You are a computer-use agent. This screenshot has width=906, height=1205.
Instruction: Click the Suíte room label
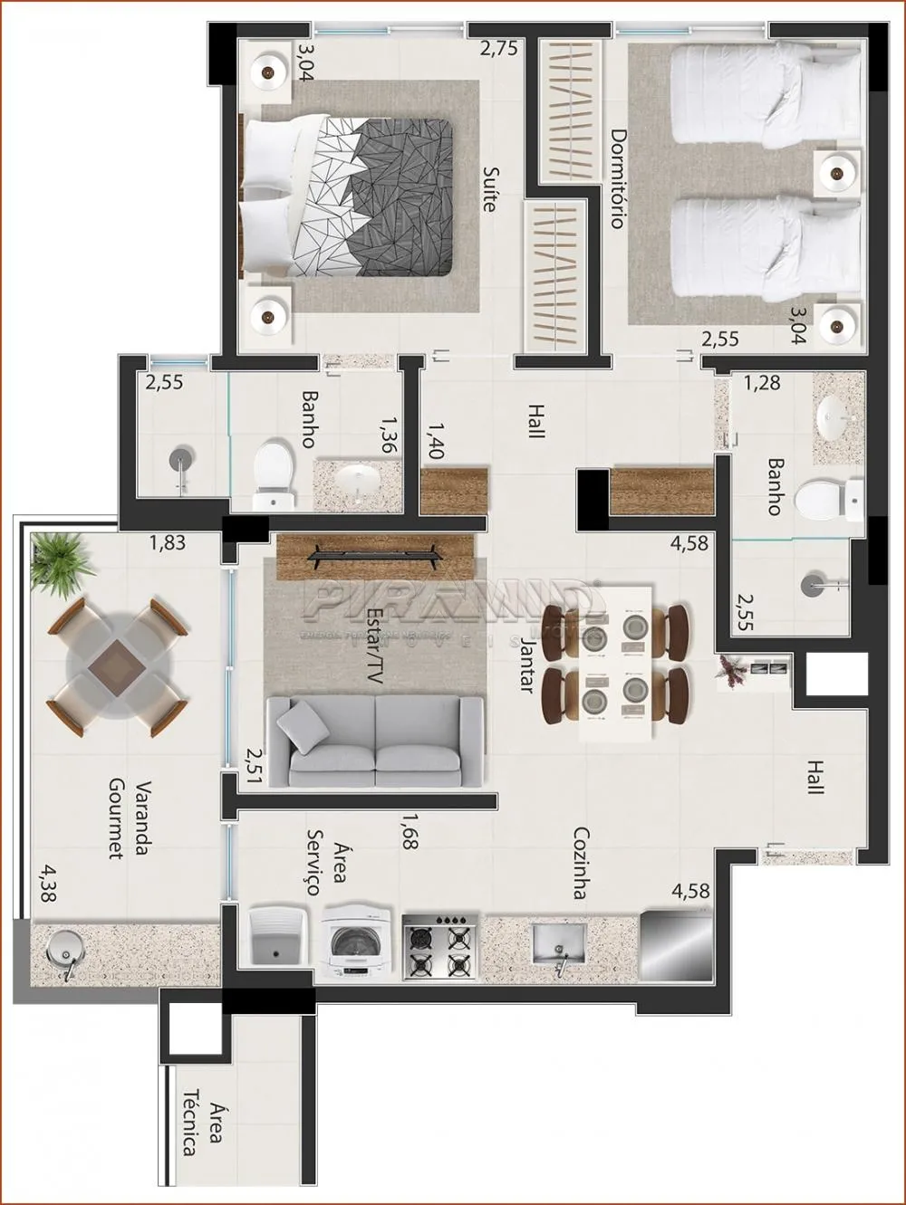pos(490,188)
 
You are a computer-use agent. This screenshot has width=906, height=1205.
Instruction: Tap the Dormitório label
pos(618,177)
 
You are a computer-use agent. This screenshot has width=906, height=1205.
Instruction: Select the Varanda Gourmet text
pos(129,818)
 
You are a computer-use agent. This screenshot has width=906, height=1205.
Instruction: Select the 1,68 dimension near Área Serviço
pos(409,831)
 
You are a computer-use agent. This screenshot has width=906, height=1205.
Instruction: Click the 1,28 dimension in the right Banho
pos(761,384)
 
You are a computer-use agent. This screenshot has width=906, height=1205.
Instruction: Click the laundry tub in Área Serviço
pos(278,942)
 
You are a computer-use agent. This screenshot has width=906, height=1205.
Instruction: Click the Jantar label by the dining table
pos(526,664)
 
